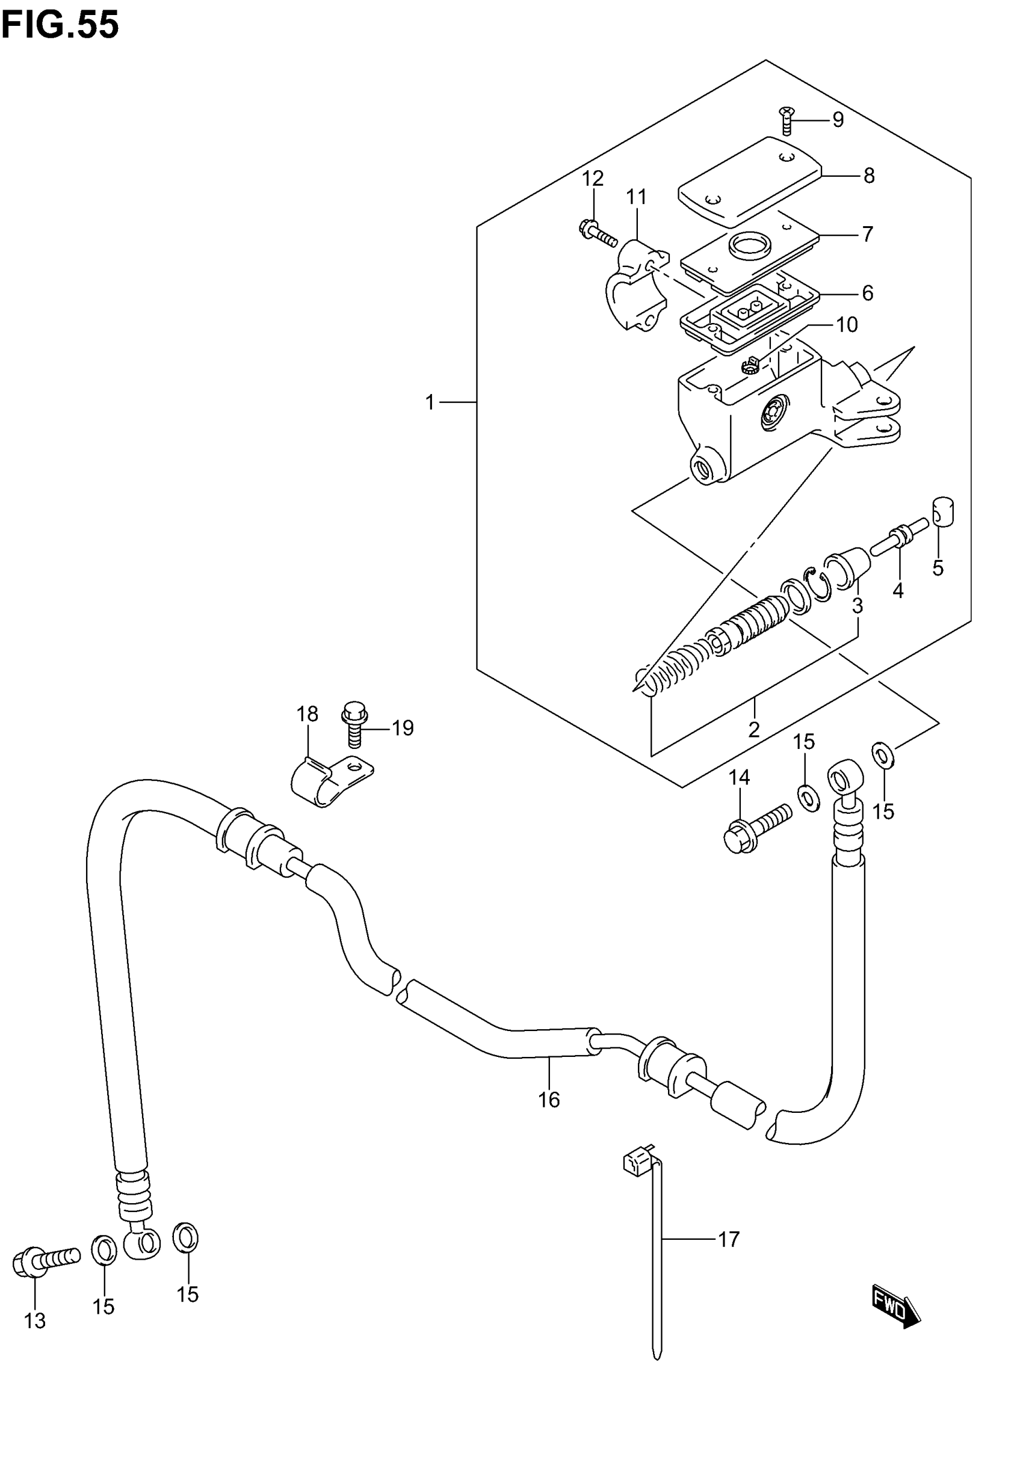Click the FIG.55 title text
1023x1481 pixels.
60,26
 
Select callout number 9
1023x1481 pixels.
838,120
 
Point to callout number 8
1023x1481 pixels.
868,176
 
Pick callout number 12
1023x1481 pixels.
593,179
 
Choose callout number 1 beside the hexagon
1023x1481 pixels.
430,402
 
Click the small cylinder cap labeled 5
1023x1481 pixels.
943,512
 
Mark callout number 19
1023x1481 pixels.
403,728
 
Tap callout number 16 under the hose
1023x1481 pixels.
549,1100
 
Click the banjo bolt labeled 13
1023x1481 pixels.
45,1261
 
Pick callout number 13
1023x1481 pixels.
36,1320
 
